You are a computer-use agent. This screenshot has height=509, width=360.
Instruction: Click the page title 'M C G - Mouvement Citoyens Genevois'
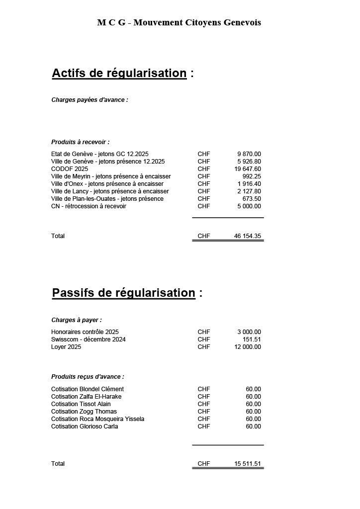click(179, 22)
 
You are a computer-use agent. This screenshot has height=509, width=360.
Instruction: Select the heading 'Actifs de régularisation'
click(119, 73)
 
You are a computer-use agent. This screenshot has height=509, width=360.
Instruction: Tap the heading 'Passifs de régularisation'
click(123, 293)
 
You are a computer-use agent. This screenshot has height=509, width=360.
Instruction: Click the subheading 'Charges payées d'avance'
click(90, 100)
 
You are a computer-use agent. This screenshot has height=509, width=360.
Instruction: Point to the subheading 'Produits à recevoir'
click(80, 142)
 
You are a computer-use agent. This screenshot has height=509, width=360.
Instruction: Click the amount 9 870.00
click(249, 154)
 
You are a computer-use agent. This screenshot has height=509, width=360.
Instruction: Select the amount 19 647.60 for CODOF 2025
click(248, 169)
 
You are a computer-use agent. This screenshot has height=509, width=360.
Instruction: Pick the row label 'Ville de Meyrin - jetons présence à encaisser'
click(111, 176)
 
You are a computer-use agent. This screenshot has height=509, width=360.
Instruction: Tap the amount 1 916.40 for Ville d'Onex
click(249, 184)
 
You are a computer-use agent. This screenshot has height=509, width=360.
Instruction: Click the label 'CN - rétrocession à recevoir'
click(89, 206)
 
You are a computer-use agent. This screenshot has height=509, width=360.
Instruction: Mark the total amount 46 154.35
click(248, 236)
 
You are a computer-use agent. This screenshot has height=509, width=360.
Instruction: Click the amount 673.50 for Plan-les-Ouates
click(251, 199)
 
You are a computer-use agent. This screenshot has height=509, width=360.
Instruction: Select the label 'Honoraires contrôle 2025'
click(85, 332)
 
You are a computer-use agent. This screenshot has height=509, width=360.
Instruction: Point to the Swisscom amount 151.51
click(251, 339)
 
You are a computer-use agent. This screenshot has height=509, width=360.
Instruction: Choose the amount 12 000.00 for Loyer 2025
click(248, 347)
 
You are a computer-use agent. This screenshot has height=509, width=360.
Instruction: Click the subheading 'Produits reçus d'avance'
click(88, 377)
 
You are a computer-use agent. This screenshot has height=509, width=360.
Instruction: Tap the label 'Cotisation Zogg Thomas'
click(84, 412)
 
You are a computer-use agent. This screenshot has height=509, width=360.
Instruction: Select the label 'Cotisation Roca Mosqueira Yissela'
click(97, 419)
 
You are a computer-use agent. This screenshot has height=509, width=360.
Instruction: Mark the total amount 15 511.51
click(248, 464)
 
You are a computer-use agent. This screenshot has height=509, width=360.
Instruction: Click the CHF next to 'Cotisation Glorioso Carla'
click(204, 426)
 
